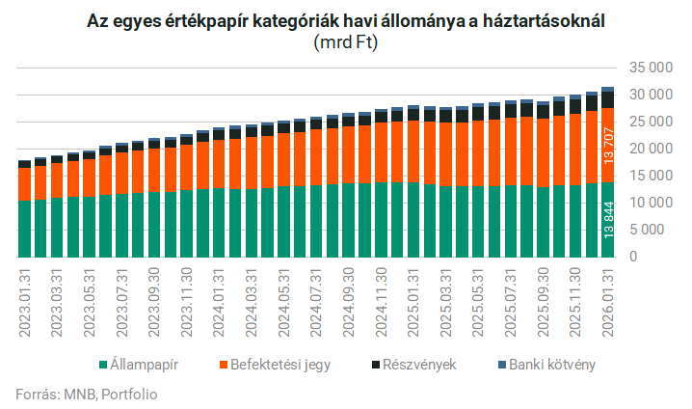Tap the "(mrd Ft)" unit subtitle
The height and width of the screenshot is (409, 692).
point(345,43)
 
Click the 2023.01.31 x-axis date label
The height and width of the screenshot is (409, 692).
point(24,304)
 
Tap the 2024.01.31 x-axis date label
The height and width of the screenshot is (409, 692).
point(220,304)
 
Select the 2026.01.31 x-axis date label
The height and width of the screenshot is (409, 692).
point(607,304)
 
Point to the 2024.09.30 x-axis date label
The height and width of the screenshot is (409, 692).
point(349,304)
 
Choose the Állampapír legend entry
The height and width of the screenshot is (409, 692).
point(144,365)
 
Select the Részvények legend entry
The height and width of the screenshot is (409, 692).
point(414,365)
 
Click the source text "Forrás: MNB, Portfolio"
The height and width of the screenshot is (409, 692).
point(86,394)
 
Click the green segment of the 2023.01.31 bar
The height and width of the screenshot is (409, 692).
point(24,229)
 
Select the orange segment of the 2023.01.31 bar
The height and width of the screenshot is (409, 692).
point(24,183)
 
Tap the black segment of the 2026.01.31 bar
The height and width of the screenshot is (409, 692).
point(608,99)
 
